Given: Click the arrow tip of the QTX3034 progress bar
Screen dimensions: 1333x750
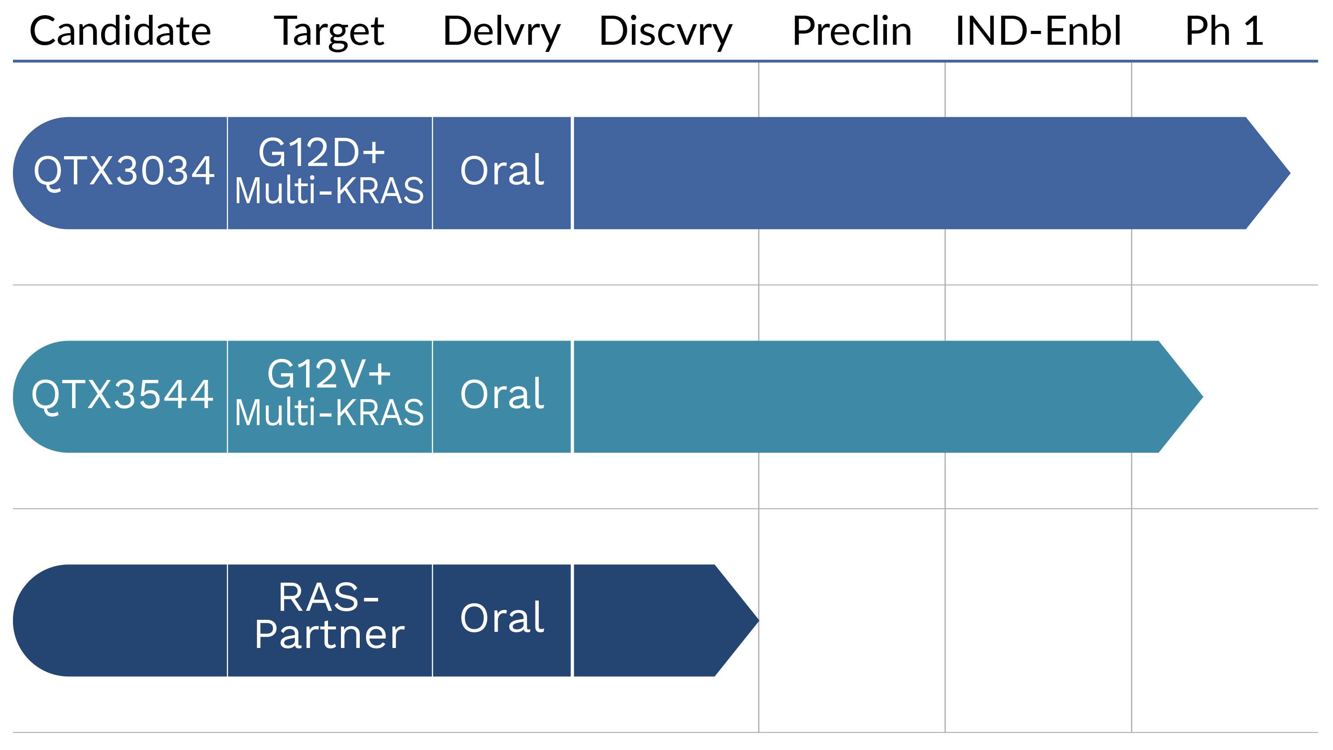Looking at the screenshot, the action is point(1290,173).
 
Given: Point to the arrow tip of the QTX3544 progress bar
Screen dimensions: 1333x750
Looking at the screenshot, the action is point(1203,396).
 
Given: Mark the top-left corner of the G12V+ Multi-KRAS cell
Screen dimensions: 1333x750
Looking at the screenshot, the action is point(228,341).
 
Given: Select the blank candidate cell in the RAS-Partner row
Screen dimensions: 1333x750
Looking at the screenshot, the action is point(120,620).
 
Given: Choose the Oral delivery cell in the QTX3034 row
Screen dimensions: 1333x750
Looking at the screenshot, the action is point(502,173).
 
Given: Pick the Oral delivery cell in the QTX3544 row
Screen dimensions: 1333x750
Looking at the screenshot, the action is point(502,396).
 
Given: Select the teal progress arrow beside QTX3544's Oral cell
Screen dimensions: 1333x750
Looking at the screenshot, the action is point(889,396).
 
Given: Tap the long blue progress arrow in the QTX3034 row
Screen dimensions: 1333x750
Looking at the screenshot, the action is point(932,173).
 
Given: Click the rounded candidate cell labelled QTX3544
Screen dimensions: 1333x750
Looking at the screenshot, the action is point(120,396).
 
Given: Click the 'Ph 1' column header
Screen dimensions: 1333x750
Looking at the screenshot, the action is point(1224,31).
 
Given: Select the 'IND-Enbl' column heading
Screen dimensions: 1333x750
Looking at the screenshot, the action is point(1038,31).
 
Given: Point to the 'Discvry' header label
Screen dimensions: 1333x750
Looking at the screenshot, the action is point(665,32).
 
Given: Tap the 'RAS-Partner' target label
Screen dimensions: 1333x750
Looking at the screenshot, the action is point(330,616).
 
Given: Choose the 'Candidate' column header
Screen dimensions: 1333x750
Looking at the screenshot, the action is point(120,31).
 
